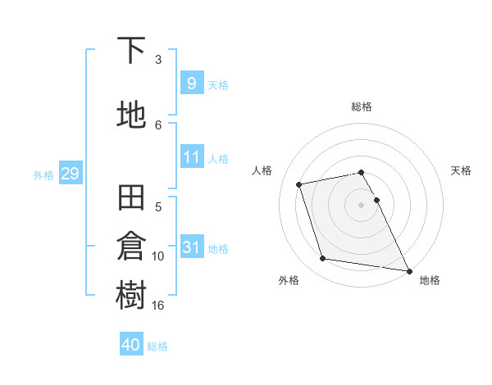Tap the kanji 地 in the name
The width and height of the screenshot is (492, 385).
132,115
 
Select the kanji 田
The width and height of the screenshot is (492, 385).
132,199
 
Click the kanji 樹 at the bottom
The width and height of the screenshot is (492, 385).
132,296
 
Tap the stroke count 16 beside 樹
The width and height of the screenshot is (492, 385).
158,305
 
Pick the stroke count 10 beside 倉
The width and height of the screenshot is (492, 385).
158,256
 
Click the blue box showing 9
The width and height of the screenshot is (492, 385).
191,84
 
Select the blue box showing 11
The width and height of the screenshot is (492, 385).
191,157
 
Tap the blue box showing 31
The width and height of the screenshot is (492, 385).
191,247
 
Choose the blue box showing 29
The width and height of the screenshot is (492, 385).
70,174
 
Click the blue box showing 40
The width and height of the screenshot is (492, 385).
131,345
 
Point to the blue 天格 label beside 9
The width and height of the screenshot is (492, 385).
218,85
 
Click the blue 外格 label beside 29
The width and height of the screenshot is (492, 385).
43,174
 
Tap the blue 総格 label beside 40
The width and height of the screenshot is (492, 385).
158,346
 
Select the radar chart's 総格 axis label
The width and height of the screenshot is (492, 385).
362,106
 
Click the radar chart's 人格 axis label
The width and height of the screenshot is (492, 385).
262,170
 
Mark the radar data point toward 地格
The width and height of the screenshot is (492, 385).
408,269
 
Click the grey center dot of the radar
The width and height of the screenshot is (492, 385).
361,205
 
